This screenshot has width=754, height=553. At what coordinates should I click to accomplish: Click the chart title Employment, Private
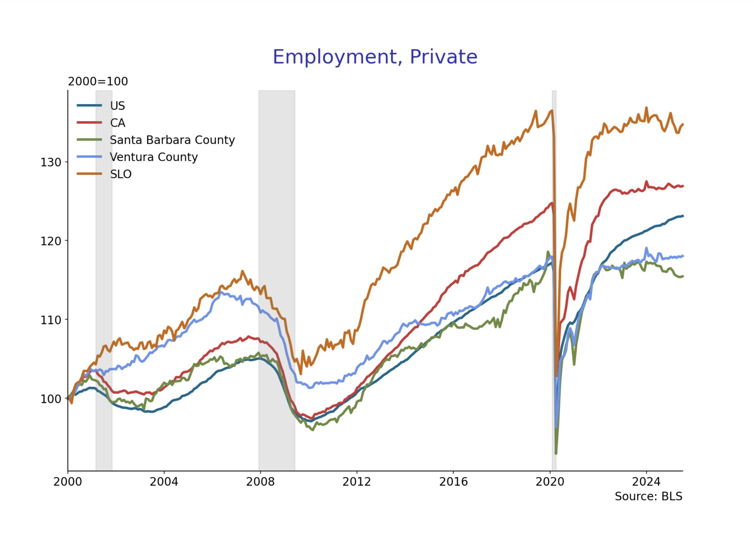[x=375, y=57]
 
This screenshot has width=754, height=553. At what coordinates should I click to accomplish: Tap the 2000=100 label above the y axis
[x=98, y=81]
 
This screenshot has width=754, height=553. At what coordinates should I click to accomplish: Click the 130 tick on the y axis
[x=51, y=162]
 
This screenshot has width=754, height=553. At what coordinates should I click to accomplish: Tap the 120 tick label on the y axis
[x=51, y=241]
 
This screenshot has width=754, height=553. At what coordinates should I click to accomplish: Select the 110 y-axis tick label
[x=51, y=320]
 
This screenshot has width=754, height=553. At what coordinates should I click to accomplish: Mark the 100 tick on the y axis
[x=51, y=399]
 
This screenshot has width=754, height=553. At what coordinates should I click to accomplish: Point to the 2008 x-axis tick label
[x=260, y=482]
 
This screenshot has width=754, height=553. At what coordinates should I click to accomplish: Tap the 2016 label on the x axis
[x=453, y=482]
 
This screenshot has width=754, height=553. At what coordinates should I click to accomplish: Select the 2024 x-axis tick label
[x=646, y=482]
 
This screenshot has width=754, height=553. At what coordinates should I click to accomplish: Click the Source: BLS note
[x=648, y=496]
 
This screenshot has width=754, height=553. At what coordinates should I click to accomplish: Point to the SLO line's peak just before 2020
[x=552, y=110]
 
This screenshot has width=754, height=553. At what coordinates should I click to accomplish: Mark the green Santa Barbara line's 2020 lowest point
[x=556, y=453]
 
